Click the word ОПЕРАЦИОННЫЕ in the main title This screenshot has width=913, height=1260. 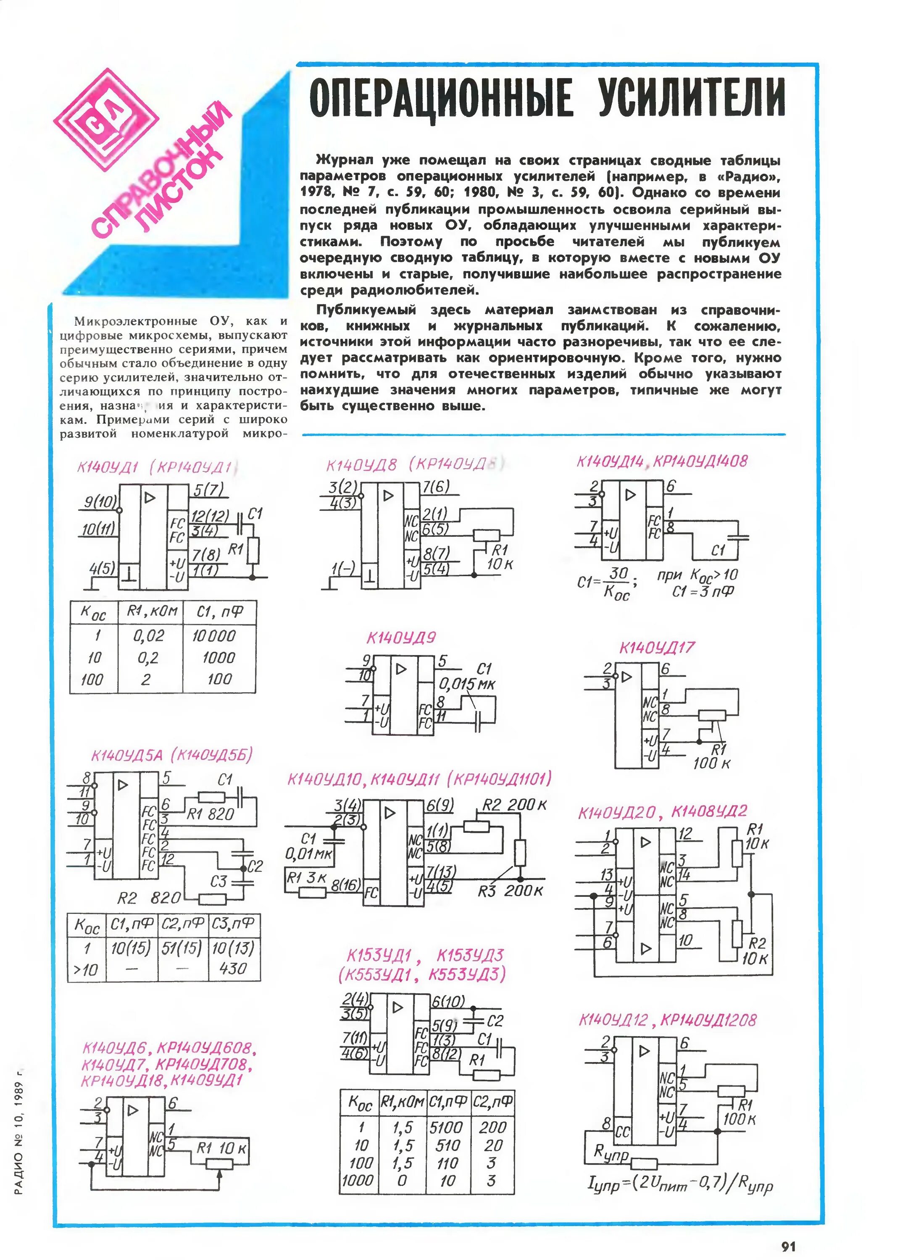(x=441, y=99)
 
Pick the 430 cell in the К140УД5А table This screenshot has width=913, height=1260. (x=233, y=969)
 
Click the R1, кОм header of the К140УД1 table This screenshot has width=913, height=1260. (x=151, y=612)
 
